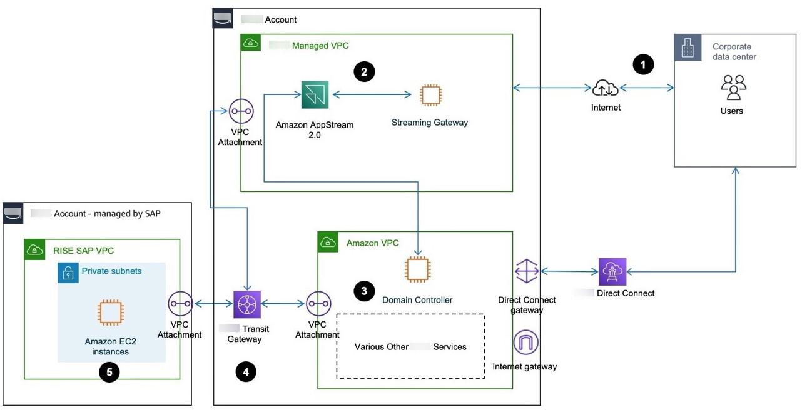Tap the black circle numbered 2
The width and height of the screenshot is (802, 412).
tap(364, 72)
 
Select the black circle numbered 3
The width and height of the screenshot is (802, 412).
tap(364, 291)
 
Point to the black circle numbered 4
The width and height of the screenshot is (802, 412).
tap(246, 372)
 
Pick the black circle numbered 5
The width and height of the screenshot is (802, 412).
tap(109, 373)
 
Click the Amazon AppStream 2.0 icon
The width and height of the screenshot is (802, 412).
tap(315, 94)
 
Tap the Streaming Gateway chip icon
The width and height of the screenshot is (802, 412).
tap(430, 95)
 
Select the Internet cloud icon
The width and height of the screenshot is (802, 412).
tap(606, 88)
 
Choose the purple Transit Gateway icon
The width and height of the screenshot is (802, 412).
tap(246, 304)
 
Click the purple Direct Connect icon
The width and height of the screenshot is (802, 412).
tap(612, 271)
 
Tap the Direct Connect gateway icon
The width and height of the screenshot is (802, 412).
tap(527, 271)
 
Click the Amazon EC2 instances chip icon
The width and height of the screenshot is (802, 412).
tap(111, 313)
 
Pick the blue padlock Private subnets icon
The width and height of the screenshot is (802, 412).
tap(67, 272)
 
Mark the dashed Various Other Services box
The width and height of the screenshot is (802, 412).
tap(410, 346)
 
